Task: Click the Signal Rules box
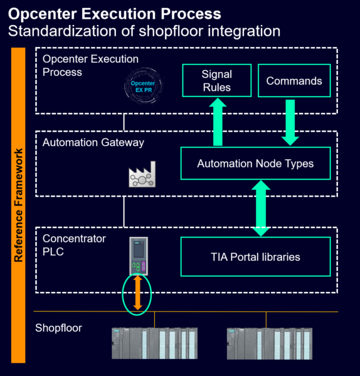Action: [216, 80]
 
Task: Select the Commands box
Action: [294, 80]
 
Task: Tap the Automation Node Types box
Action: [255, 164]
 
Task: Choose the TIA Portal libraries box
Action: [255, 256]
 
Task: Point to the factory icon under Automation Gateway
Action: [141, 177]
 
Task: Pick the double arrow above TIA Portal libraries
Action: [261, 209]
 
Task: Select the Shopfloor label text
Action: [58, 328]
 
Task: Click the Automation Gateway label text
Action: [93, 143]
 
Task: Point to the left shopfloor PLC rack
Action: [154, 343]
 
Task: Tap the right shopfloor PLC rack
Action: [268, 343]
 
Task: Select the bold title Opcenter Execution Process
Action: [114, 13]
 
